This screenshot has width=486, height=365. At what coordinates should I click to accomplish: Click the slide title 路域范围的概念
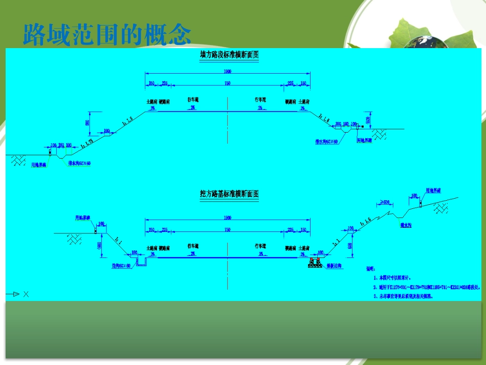(107, 34)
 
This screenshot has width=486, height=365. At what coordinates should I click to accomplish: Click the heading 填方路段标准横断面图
(229, 55)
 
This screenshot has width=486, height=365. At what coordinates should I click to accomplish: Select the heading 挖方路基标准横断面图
(229, 194)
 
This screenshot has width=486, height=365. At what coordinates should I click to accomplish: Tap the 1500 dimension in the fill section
(228, 72)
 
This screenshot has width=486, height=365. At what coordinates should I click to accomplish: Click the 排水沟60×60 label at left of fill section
(79, 164)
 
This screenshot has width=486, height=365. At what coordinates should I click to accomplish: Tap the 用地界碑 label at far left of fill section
(39, 165)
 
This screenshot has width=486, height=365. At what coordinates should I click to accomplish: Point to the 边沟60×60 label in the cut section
(121, 266)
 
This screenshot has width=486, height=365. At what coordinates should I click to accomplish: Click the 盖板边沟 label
(333, 267)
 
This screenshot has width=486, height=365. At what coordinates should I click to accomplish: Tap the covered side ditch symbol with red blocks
(314, 263)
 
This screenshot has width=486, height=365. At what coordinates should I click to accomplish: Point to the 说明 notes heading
(370, 268)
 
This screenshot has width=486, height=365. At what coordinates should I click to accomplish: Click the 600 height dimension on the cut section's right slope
(349, 246)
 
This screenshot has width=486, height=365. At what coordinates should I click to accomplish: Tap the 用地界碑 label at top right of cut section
(433, 190)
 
